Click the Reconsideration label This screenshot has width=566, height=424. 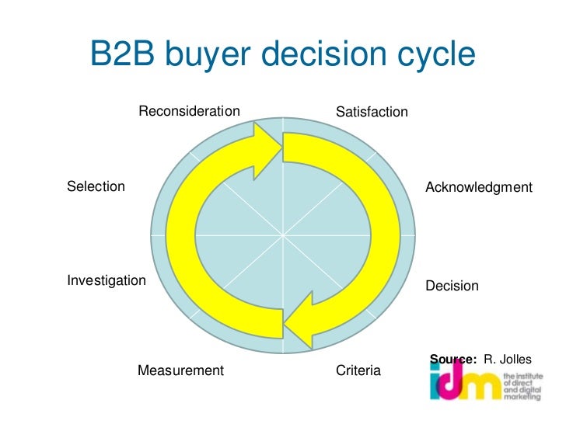pos(189,112)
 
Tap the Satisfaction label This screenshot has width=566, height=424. pos(372,113)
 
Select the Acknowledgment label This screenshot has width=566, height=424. pos(478,188)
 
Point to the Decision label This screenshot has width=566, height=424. pos(452,286)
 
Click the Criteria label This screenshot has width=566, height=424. pos(358,371)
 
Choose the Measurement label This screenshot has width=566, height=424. pos(180,370)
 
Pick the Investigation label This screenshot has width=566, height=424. pos(107,280)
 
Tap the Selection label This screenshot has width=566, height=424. pos(96,186)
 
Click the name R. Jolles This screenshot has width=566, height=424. pos(508,359)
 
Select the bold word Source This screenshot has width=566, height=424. pos(453,359)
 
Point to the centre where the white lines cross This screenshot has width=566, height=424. pos(283,234)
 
